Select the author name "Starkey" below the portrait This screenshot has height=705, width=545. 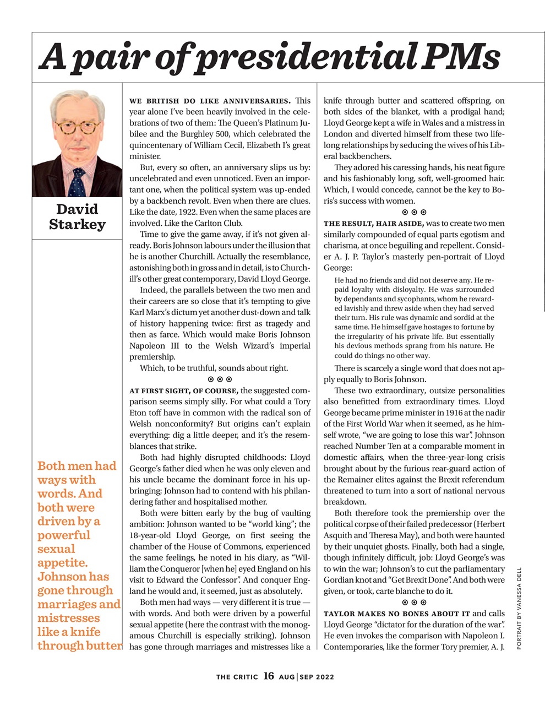pos(77,225)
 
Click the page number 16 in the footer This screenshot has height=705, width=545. pos(269,676)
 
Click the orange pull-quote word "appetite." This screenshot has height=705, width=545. pos(62,563)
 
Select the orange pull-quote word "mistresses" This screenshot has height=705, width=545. pos(69,618)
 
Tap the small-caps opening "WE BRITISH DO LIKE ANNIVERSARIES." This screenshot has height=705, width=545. pos(210,101)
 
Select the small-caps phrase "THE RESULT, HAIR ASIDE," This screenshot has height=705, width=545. pos(374,224)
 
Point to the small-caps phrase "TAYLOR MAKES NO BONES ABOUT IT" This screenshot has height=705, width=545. pos(396,614)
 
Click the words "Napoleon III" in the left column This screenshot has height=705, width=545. pos(155,346)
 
